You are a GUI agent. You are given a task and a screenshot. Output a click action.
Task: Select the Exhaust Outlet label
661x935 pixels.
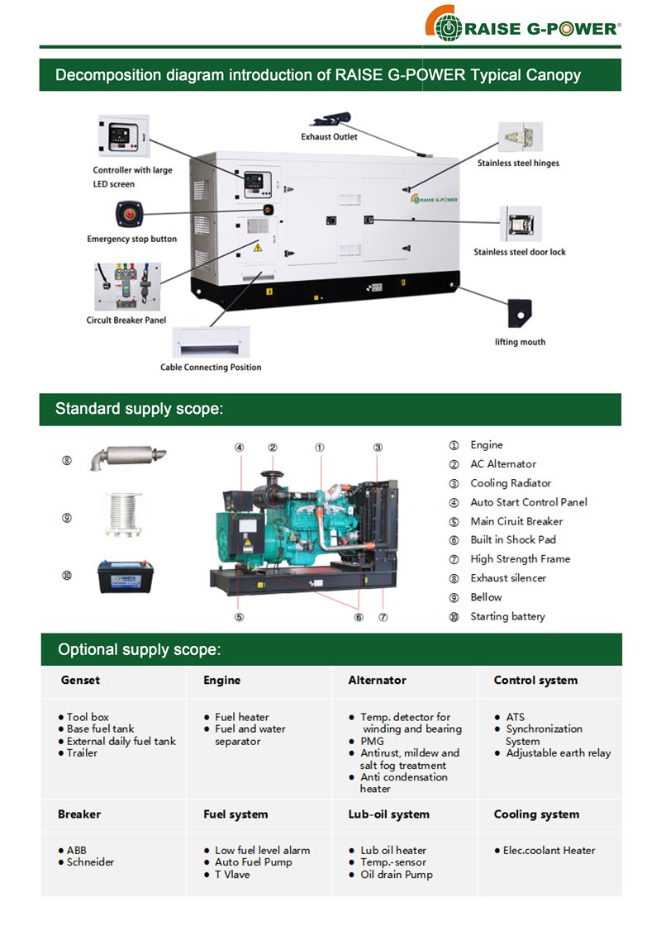click(329, 136)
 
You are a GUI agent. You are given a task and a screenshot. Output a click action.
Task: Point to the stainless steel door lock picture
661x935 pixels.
click(521, 224)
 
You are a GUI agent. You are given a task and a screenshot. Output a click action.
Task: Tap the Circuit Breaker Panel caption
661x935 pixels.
click(126, 320)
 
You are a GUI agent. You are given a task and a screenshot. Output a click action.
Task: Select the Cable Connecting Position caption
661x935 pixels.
click(211, 367)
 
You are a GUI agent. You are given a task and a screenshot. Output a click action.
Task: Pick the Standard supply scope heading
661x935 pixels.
click(140, 409)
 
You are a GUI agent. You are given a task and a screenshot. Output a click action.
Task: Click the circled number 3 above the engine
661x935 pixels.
click(378, 448)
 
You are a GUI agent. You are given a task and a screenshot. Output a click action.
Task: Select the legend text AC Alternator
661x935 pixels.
click(503, 464)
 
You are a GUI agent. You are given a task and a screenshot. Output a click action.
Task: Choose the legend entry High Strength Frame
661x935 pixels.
click(520, 559)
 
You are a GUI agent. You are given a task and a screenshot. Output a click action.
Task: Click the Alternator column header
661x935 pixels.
click(377, 681)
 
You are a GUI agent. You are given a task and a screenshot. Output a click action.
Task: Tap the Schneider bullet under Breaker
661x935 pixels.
click(90, 862)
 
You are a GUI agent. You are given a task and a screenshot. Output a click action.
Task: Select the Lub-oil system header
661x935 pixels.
click(388, 814)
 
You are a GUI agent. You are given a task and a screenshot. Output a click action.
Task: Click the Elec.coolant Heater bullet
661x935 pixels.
click(549, 850)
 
